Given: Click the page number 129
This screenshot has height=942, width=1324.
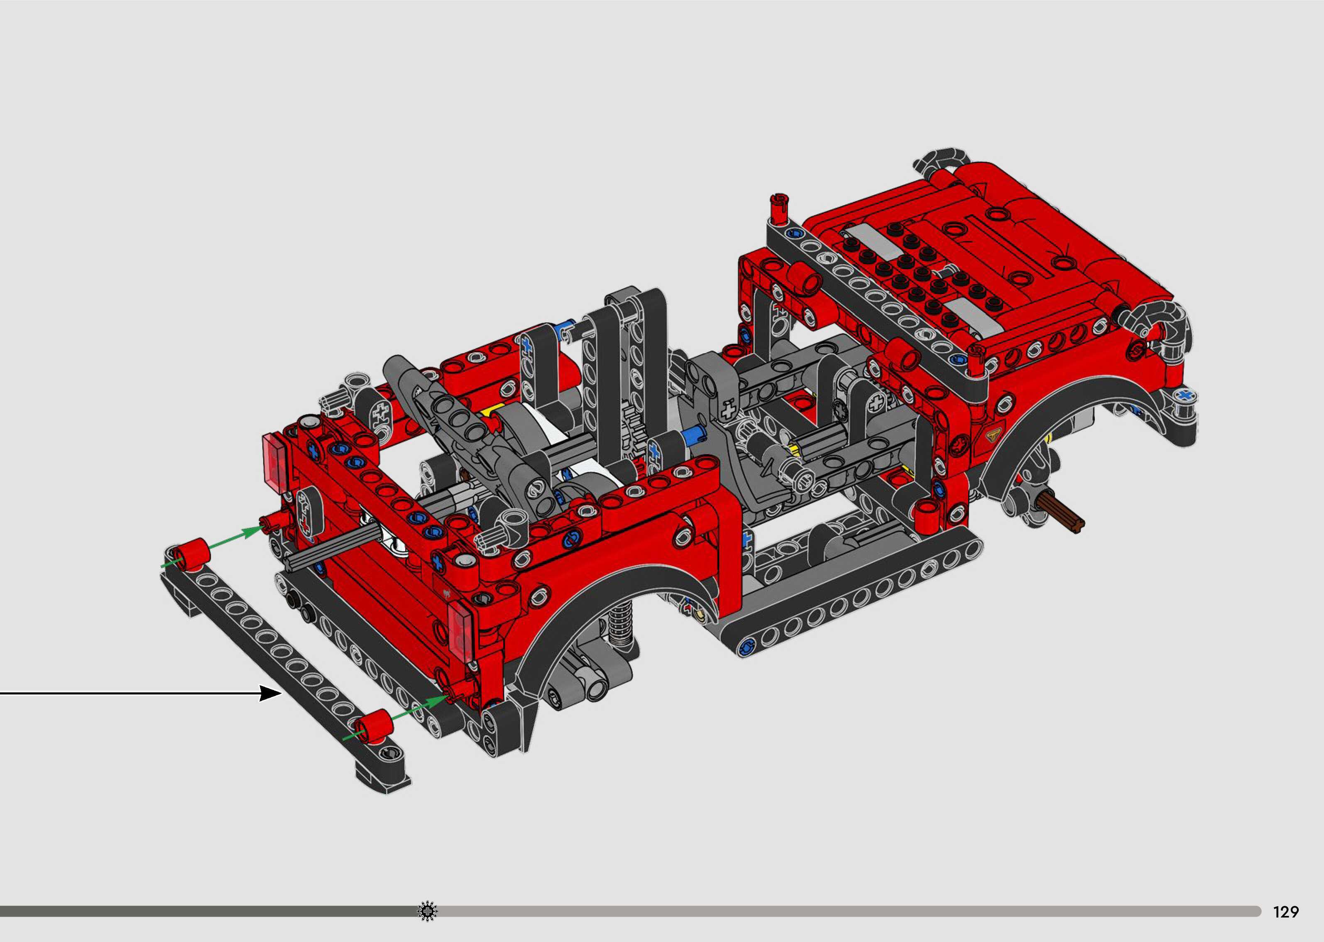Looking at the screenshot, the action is pyautogui.click(x=1286, y=912).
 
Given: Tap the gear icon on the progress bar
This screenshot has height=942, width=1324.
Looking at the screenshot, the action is pyautogui.click(x=428, y=911).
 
